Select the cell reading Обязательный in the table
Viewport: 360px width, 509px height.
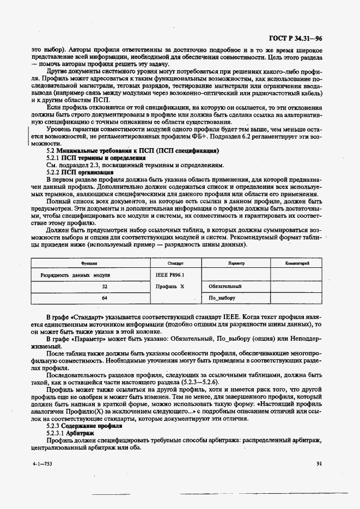(225, 286)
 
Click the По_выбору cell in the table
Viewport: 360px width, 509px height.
(222, 298)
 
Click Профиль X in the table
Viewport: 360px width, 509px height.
(170, 286)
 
